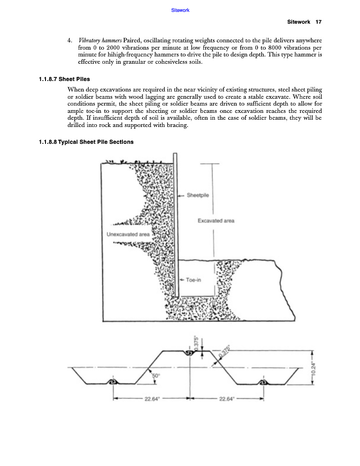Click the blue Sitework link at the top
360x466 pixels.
tap(180, 10)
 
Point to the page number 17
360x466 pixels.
tap(319, 22)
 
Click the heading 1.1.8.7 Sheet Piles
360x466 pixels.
tap(64, 79)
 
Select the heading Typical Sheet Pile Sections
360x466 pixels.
tap(96, 142)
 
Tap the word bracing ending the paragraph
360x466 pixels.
tap(175, 126)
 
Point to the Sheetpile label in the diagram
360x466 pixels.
tap(198, 195)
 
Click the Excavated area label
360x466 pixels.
tap(216, 221)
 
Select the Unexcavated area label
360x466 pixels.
tap(128, 234)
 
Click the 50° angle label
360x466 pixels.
tap(156, 375)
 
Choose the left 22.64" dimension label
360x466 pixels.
tap(151, 399)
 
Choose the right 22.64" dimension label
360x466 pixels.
tap(226, 399)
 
